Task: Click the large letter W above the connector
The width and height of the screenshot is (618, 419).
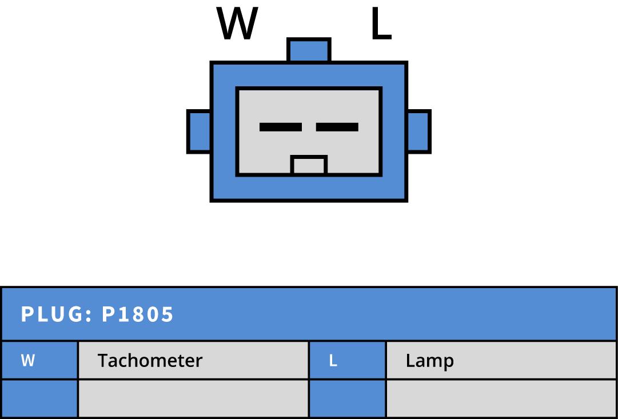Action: (x=237, y=23)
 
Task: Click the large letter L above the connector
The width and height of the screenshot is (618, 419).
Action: (x=381, y=23)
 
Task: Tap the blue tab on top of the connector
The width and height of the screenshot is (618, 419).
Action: (x=309, y=50)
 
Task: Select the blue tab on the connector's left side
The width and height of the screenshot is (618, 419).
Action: (x=199, y=131)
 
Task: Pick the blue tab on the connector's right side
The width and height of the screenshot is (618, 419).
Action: (x=418, y=131)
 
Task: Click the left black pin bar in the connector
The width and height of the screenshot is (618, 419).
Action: (x=281, y=127)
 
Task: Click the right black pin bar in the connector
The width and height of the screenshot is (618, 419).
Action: (x=337, y=127)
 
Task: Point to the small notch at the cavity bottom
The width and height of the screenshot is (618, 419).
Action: (x=309, y=165)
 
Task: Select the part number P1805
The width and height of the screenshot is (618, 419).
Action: (x=138, y=314)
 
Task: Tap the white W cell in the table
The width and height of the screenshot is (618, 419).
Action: (x=27, y=361)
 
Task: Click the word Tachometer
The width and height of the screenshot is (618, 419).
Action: (x=150, y=361)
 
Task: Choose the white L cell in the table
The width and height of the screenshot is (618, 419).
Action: (x=333, y=361)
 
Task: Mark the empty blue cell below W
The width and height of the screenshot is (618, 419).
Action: (x=39, y=398)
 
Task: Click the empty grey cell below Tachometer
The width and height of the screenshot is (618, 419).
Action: (x=194, y=398)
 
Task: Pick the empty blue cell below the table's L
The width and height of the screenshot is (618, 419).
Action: (x=348, y=398)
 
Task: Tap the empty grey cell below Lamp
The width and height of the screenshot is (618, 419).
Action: (x=501, y=398)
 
